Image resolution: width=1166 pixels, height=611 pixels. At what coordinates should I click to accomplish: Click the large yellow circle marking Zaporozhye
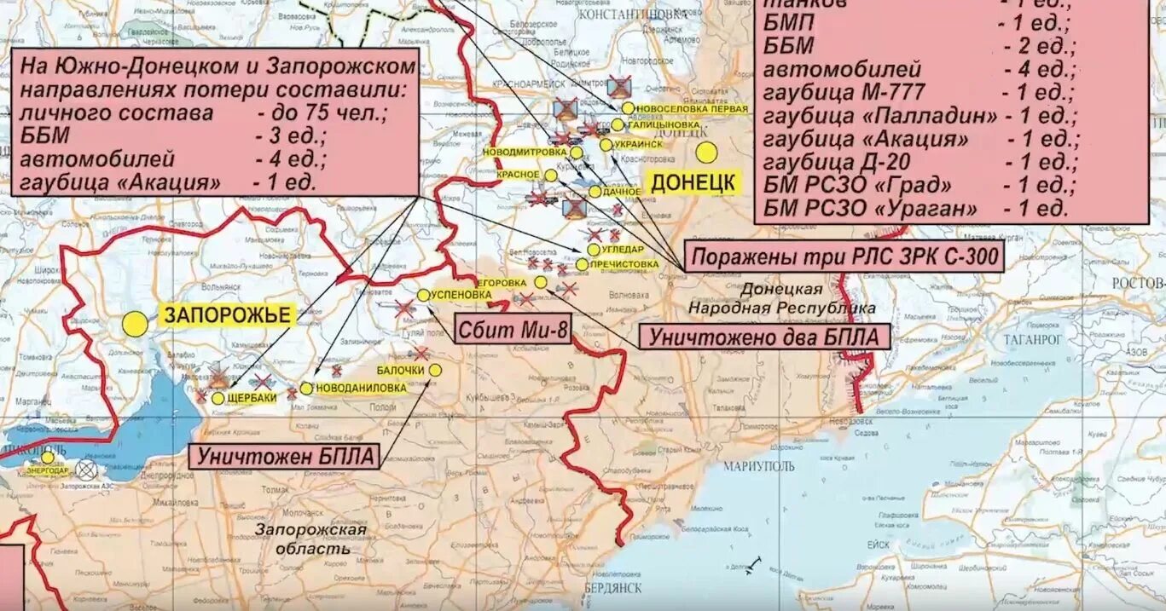point(134,324)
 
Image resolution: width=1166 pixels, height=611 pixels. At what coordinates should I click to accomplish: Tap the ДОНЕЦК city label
point(693,182)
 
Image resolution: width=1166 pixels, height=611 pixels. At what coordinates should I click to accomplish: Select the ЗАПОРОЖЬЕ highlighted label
point(227,315)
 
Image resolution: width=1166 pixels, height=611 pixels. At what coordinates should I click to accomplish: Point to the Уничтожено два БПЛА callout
point(763,337)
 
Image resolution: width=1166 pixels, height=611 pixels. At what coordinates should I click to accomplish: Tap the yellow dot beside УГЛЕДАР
point(593,250)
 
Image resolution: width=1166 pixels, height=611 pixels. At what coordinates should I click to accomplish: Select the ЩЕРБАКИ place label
point(252,398)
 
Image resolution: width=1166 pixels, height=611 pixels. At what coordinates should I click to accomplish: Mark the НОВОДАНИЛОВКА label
point(361,388)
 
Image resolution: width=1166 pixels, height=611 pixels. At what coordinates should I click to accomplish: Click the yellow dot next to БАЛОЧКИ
point(435,370)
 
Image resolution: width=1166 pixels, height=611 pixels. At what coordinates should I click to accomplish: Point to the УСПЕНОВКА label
point(461,295)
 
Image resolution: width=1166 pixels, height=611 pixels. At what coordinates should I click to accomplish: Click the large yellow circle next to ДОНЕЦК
point(706,153)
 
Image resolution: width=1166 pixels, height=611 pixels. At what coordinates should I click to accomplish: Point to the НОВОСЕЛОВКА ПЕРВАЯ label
point(692,109)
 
